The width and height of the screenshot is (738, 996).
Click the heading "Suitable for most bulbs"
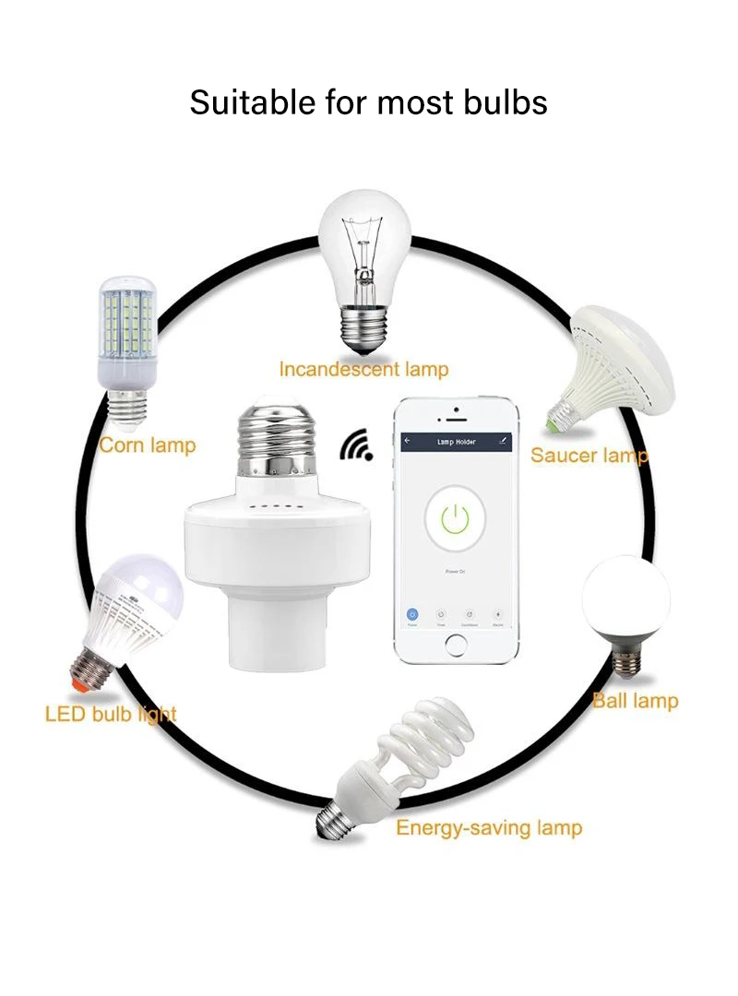368,101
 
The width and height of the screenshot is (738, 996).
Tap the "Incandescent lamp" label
363,370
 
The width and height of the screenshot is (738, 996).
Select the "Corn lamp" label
148,445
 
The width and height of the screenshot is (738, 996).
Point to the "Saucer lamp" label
589,456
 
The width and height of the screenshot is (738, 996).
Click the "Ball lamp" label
635,701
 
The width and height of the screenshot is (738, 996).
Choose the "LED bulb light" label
111,714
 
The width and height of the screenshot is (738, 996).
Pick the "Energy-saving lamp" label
489,827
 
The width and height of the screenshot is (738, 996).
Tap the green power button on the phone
454,520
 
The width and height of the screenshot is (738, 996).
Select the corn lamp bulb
126,332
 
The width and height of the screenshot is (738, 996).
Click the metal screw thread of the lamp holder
274,437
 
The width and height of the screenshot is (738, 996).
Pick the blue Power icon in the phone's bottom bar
413,614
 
